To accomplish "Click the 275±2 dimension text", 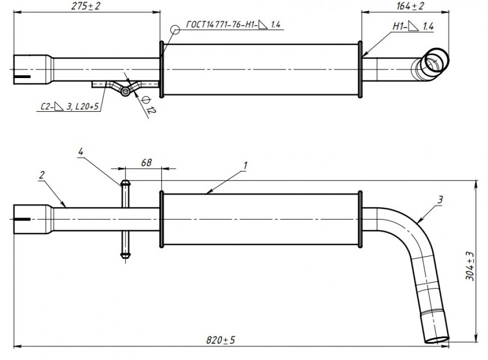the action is [85, 6].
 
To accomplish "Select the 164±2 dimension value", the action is [410, 6].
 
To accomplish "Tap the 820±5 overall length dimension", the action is [221, 340].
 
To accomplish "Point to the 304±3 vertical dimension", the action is [470, 266].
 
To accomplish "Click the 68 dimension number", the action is [146, 163].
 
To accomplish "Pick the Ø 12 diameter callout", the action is [148, 105].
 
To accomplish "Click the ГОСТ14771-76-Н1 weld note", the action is [233, 24].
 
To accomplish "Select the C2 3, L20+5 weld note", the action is [70, 106].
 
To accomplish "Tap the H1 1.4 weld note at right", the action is [413, 26].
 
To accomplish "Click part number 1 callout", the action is [245, 165].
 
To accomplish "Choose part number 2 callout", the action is [41, 175].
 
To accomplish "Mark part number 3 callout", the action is [440, 200].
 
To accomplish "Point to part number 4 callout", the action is [81, 152].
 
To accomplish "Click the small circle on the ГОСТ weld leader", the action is [175, 30].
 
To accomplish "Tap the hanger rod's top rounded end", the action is [125, 183].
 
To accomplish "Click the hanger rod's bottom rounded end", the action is [125, 256].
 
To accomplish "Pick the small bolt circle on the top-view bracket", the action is [125, 92].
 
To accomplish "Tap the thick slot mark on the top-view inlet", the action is [22, 77].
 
